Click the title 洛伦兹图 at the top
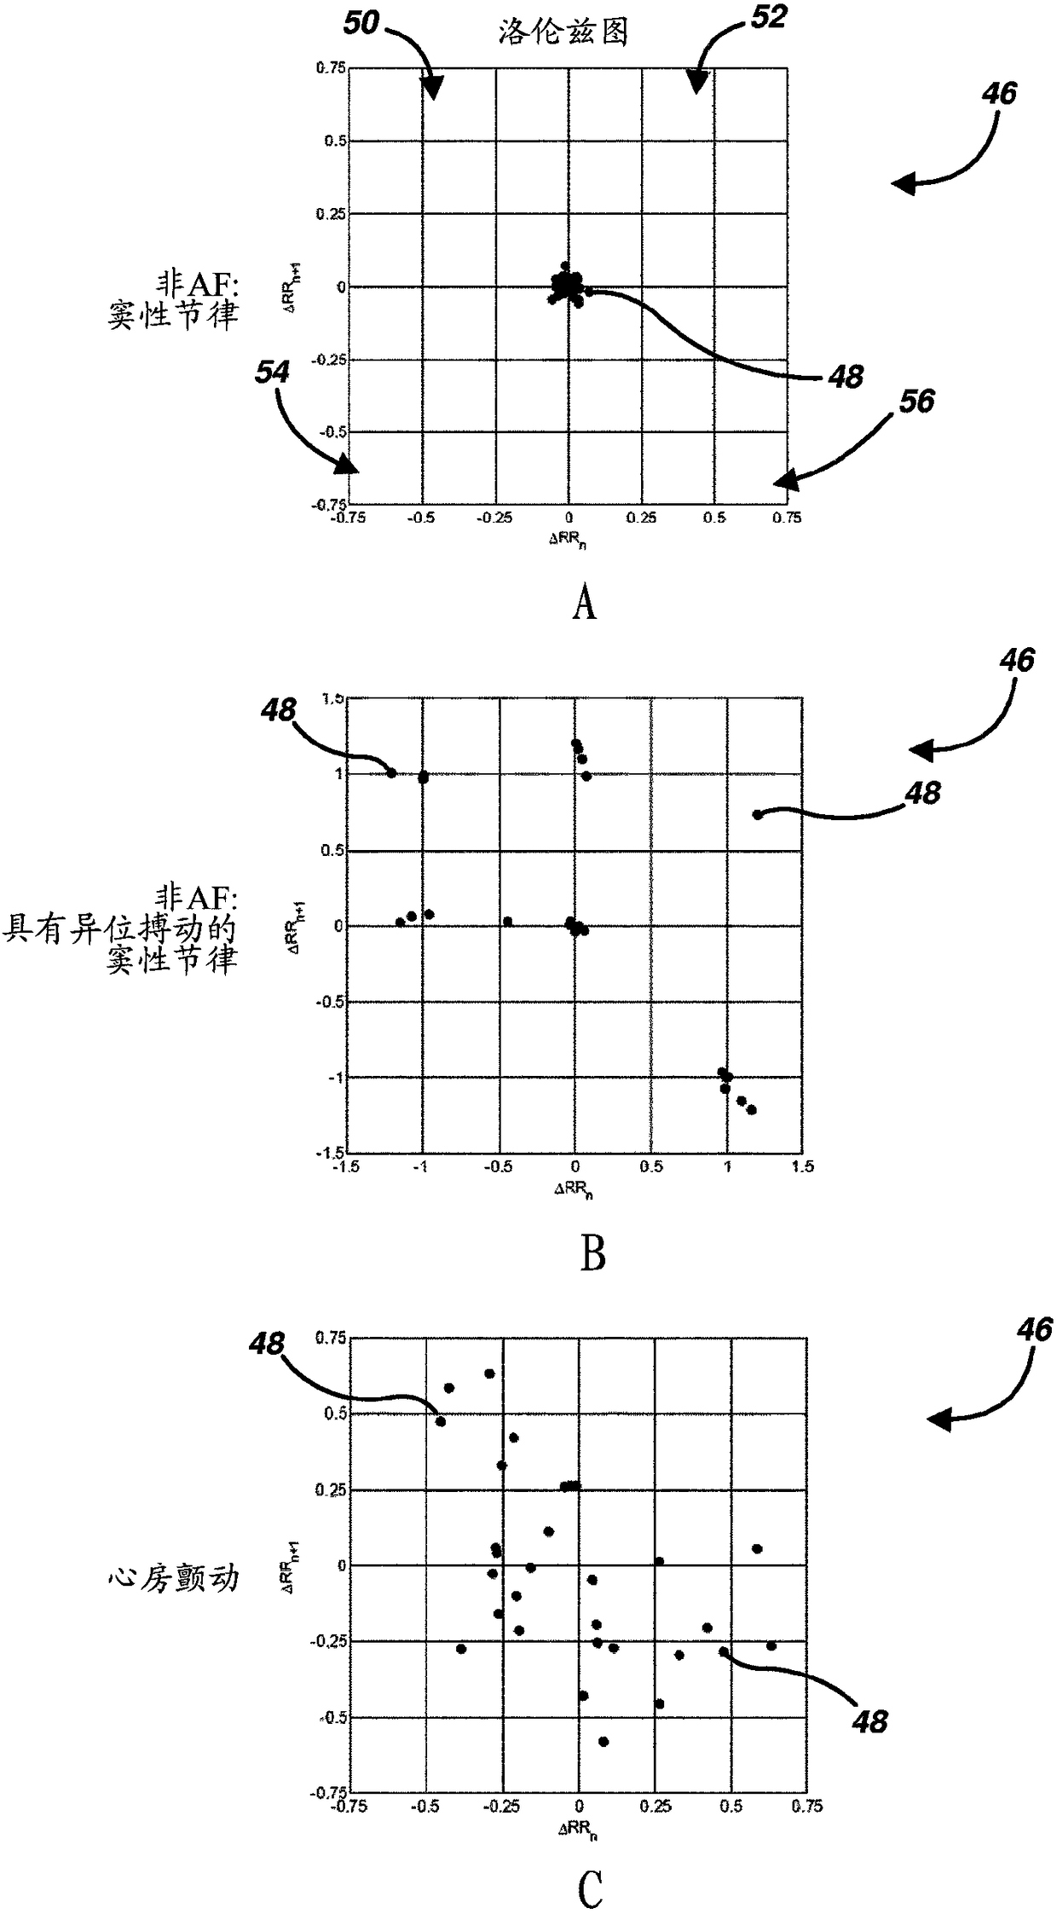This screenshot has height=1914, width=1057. [x=563, y=32]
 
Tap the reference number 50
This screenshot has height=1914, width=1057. [x=361, y=23]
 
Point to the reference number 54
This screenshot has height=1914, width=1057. [x=272, y=372]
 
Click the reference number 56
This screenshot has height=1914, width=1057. [x=916, y=401]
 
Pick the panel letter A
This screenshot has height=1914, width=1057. [x=584, y=604]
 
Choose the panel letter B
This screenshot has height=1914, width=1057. [x=592, y=1254]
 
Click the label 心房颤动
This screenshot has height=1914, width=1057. [x=174, y=1578]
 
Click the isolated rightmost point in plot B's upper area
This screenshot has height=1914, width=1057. [x=757, y=814]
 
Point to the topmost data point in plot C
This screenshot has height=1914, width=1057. [x=489, y=1373]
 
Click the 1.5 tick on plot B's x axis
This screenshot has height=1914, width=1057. [x=802, y=1166]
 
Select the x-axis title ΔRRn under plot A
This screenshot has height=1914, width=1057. [x=567, y=540]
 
